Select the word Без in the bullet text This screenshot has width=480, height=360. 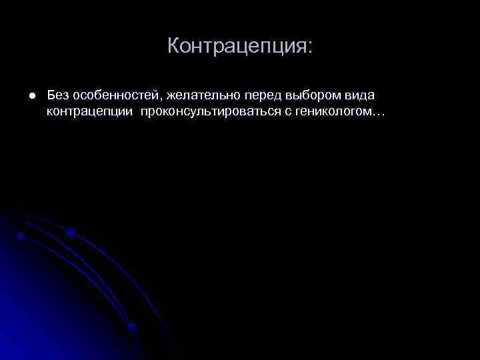tap(58, 96)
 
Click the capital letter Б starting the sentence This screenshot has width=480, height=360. tap(51, 96)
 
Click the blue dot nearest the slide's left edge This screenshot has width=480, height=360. tap(21, 236)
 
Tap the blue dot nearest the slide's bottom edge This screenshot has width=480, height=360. tap(131, 327)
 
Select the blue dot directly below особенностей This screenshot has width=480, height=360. tap(70, 232)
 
